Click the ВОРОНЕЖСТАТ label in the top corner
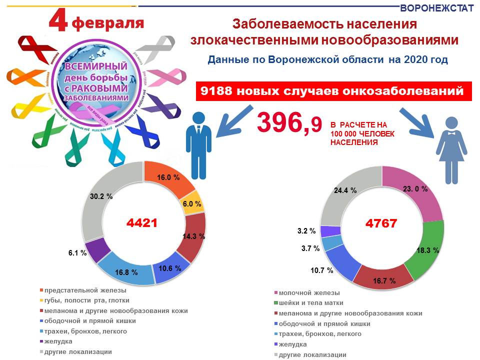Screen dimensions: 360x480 pyautogui.click(x=437, y=8)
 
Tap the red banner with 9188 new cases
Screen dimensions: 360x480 pyautogui.click(x=333, y=92)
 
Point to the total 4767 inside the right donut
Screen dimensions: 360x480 pyautogui.click(x=381, y=223)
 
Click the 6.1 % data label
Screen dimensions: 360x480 pyautogui.click(x=77, y=253)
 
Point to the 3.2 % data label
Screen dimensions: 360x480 pyautogui.click(x=306, y=231)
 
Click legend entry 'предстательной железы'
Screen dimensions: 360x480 pyautogui.click(x=85, y=290)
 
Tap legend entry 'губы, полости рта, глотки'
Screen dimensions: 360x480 pyautogui.click(x=87, y=300)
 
